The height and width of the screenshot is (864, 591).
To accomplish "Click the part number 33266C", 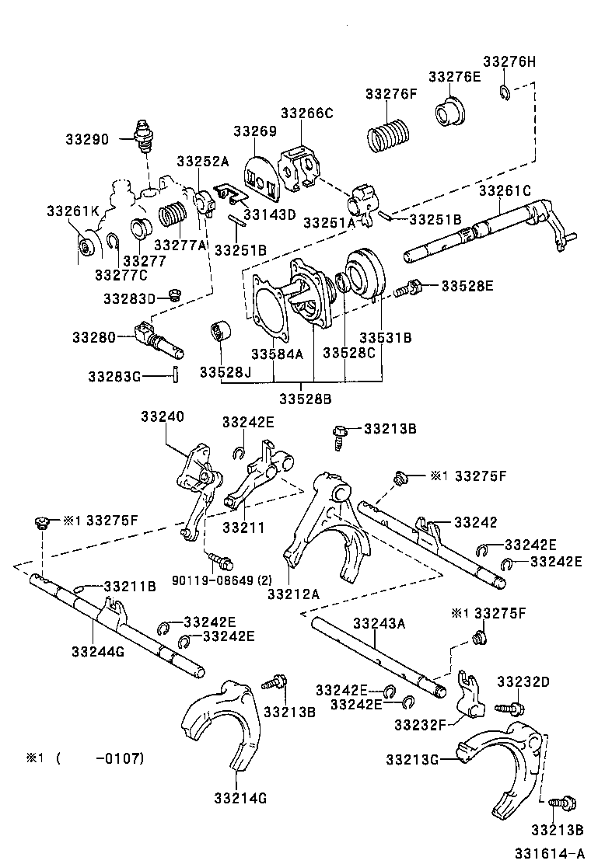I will [306, 113].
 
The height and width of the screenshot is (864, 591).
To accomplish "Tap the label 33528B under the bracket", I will [306, 399].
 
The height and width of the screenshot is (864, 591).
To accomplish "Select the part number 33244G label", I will [97, 651].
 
